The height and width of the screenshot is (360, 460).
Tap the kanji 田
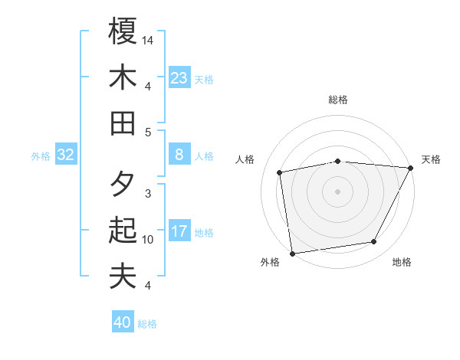(x=123, y=123)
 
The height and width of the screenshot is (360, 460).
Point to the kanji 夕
(x=123, y=185)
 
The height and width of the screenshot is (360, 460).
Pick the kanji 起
(x=123, y=231)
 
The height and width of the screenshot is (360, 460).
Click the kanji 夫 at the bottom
(x=123, y=276)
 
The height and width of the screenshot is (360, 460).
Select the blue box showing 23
(x=179, y=77)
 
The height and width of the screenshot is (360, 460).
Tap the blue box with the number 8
(x=179, y=155)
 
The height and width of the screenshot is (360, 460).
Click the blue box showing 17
(x=179, y=231)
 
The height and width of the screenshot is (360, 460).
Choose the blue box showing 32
(x=66, y=155)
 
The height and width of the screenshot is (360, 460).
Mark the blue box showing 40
(x=123, y=322)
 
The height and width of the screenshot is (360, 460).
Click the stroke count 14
(x=148, y=39)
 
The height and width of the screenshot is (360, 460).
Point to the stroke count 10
(x=148, y=240)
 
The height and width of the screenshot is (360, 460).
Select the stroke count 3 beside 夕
(x=148, y=193)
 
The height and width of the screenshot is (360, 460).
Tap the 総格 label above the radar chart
(x=338, y=100)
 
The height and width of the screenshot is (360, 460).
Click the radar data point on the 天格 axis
(x=411, y=168)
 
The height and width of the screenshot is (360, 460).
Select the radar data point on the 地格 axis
(x=374, y=242)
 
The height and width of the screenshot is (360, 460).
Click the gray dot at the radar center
(x=337, y=191)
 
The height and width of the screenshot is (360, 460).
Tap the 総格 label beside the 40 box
(x=147, y=324)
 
